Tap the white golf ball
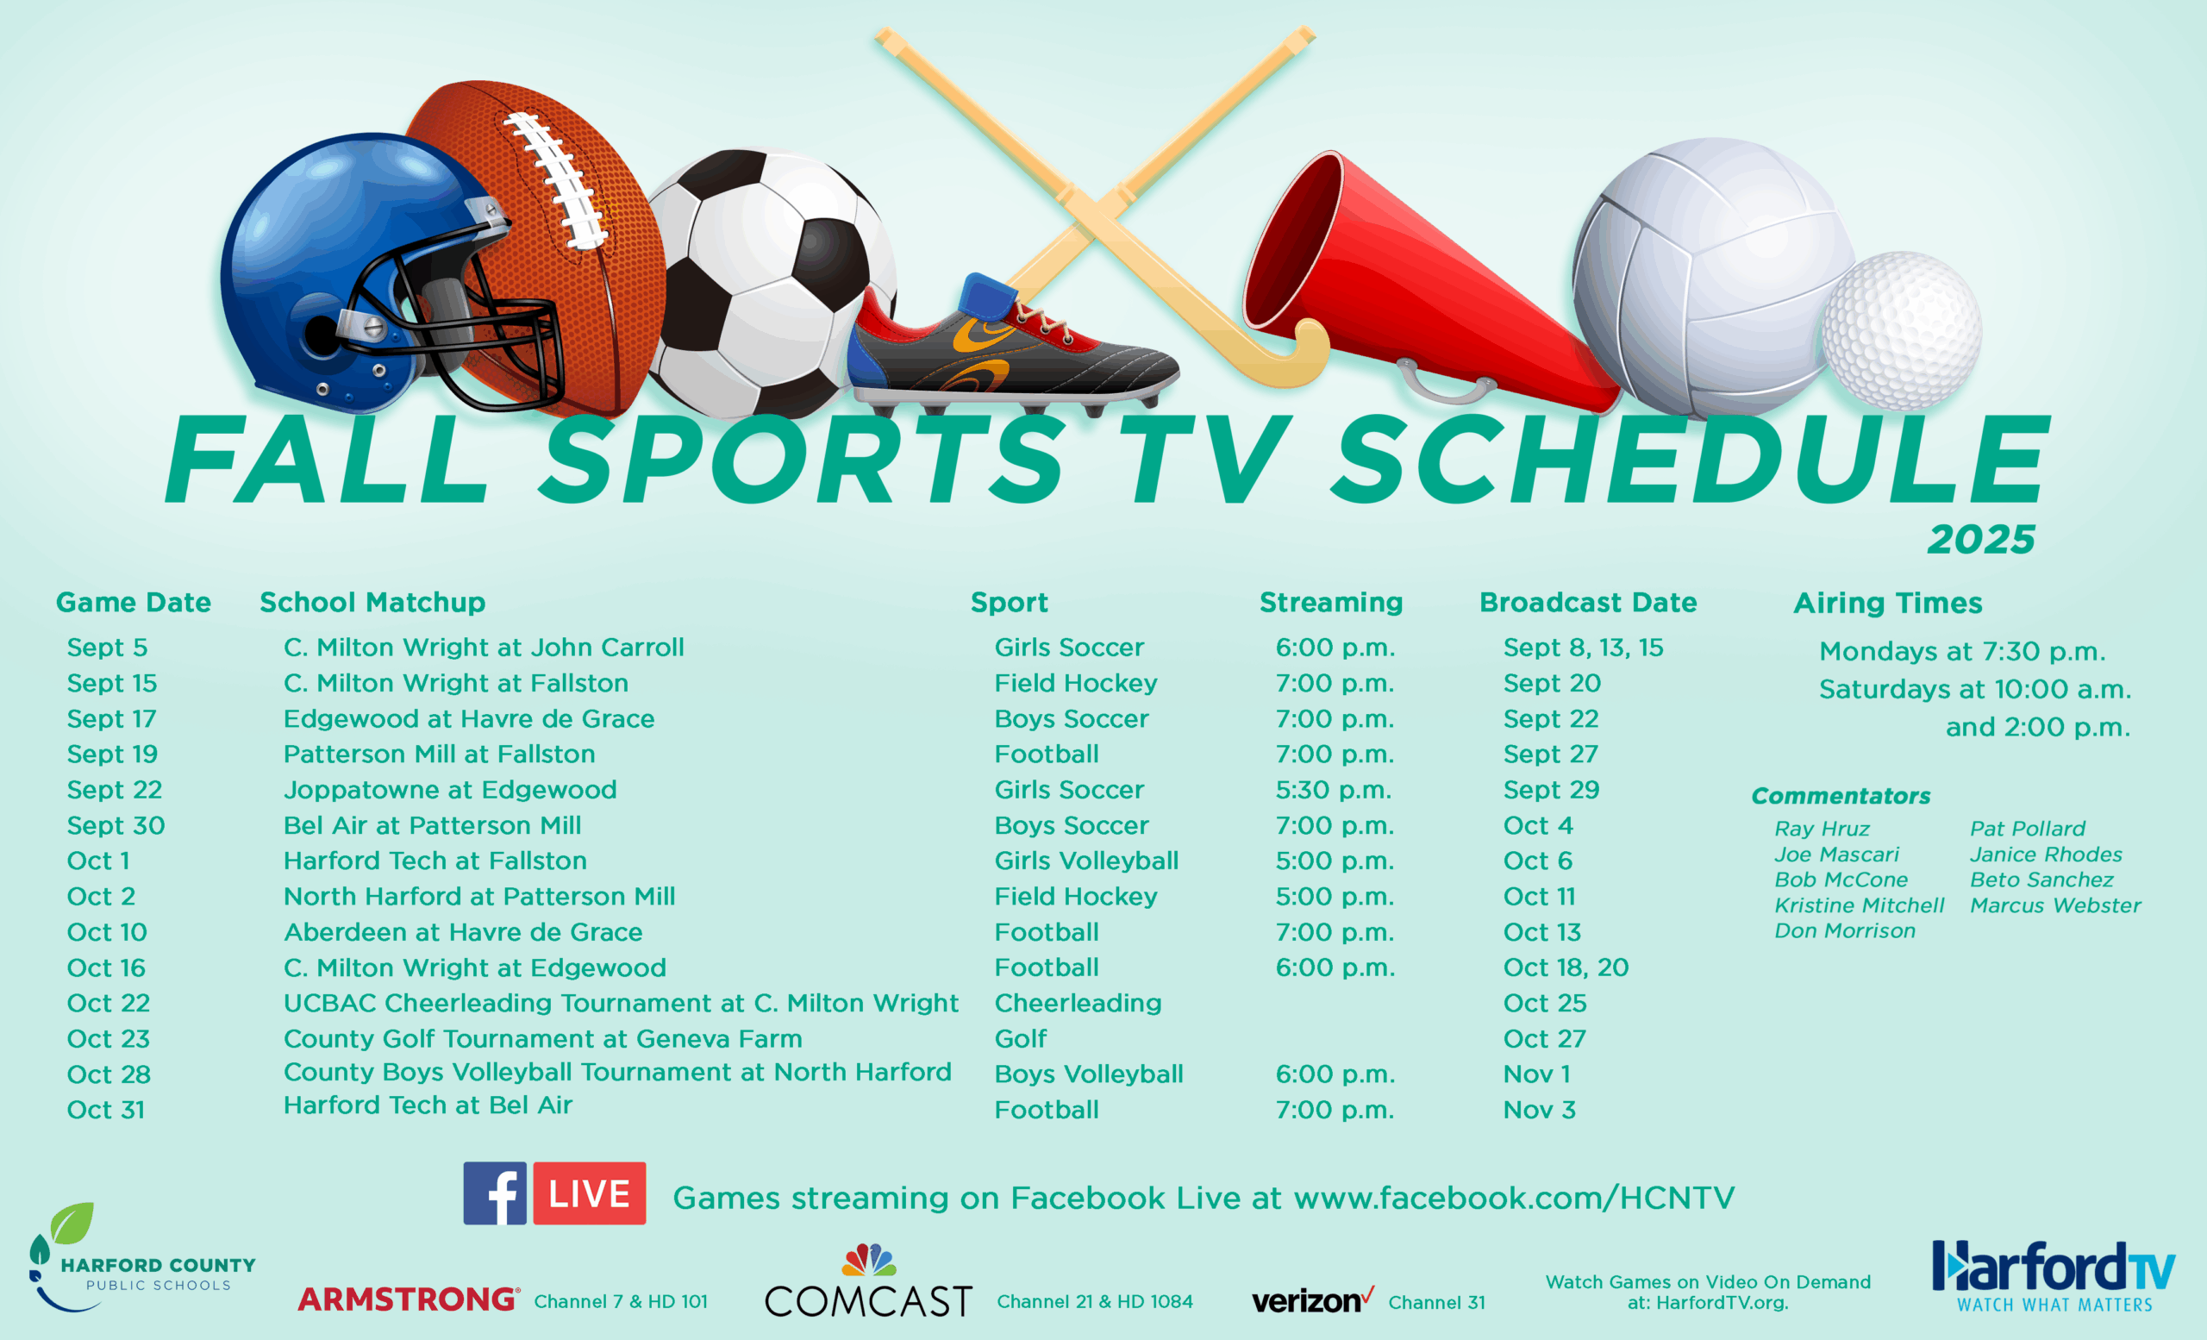[1902, 330]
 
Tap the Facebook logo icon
[495, 1193]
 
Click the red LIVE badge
[590, 1193]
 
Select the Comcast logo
[868, 1281]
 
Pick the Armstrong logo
[409, 1299]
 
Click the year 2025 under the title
[1981, 539]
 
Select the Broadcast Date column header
[1588, 602]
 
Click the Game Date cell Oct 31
[106, 1110]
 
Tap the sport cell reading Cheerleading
[1078, 1003]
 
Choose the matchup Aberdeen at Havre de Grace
[463, 932]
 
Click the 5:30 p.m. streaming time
[1335, 790]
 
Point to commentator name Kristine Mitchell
[1860, 905]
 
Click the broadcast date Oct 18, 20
[1566, 967]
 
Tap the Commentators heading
[1841, 795]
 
